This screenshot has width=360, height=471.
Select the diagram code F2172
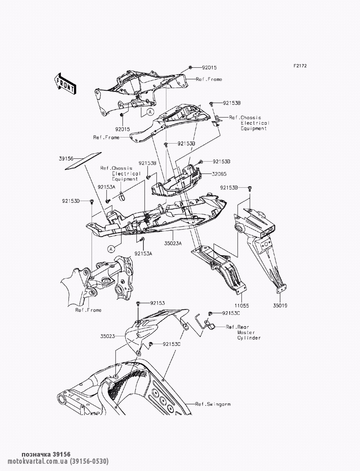300,66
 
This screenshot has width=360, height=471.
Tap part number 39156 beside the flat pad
66,159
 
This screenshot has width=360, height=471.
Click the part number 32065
219,174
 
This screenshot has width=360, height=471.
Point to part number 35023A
173,243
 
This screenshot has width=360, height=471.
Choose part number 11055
242,305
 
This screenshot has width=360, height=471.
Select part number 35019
280,305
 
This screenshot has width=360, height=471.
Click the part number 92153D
71,201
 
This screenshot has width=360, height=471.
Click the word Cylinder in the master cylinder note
249,338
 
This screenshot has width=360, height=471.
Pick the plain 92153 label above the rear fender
158,303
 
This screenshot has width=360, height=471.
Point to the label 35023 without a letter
108,336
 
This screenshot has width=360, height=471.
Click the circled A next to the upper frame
150,112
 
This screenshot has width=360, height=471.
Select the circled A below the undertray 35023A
111,249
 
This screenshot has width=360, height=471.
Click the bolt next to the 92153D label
91,201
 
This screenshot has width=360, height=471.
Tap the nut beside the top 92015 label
190,67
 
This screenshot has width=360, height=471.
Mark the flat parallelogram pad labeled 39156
83,161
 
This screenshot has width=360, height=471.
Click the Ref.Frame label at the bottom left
88,310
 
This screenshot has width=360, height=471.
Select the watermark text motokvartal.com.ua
37,461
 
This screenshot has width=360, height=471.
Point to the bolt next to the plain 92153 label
138,303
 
